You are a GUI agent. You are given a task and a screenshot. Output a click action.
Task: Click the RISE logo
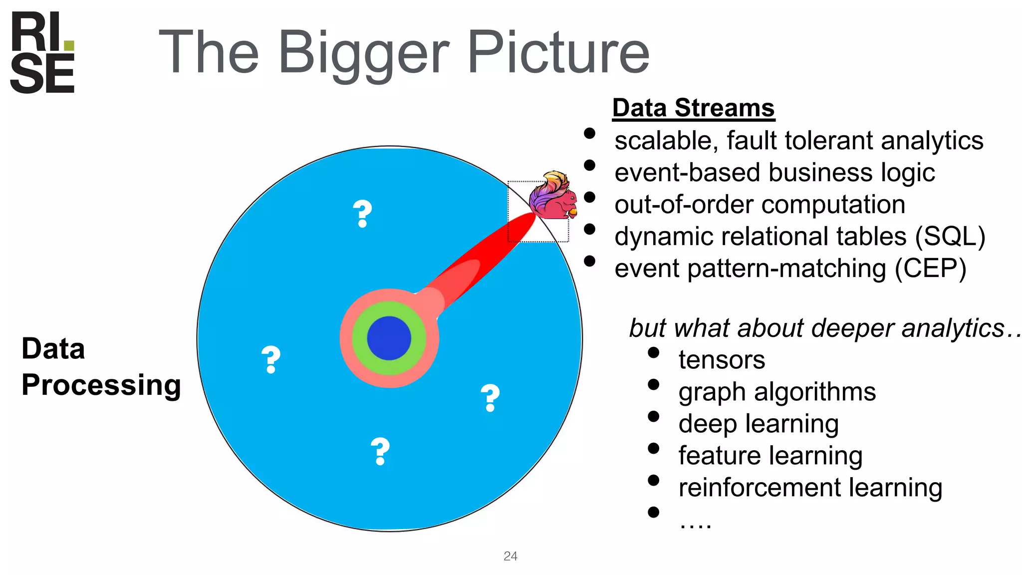pyautogui.click(x=42, y=52)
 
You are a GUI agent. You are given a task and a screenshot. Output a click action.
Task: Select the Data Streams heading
pyautogui.click(x=693, y=108)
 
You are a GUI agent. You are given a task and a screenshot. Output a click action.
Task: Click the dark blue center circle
pyautogui.click(x=389, y=338)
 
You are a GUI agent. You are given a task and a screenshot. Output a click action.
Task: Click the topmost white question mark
pyautogui.click(x=362, y=214)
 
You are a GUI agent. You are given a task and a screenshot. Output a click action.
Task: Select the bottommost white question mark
pyautogui.click(x=380, y=451)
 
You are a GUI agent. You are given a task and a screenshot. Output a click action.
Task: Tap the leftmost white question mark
pyautogui.click(x=271, y=359)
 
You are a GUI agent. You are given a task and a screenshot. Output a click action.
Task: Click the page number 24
pyautogui.click(x=511, y=556)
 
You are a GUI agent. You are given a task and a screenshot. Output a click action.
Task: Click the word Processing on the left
pyautogui.click(x=101, y=385)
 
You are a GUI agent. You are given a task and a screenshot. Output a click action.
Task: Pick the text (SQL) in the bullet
pyautogui.click(x=950, y=237)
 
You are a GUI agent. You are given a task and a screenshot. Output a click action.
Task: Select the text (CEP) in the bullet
pyautogui.click(x=930, y=269)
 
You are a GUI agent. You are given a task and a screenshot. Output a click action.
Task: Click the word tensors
pyautogui.click(x=722, y=360)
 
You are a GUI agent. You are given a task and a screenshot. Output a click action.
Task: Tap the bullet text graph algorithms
pyautogui.click(x=777, y=392)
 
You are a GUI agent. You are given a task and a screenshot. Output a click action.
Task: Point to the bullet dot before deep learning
pyautogui.click(x=654, y=416)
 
